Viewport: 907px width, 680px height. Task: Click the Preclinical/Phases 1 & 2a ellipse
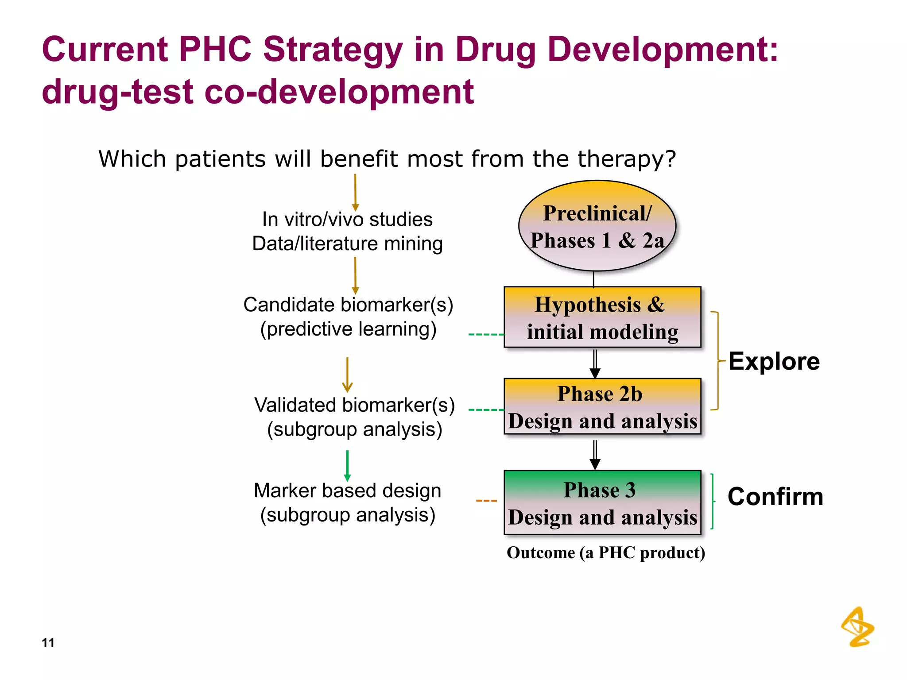pos(597,226)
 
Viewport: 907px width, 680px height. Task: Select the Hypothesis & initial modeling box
pos(602,317)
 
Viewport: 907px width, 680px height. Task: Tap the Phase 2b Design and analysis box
pos(602,406)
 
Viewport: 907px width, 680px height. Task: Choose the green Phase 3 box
pos(602,502)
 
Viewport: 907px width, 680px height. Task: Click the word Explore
pos(774,361)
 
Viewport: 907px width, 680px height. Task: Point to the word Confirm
pos(775,496)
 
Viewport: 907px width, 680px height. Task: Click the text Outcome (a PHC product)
pos(606,552)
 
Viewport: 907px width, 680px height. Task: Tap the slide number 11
pos(48,642)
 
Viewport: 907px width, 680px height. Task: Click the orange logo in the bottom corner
pos(857,627)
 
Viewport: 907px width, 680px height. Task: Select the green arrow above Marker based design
pos(347,465)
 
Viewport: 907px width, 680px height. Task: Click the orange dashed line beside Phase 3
pos(486,501)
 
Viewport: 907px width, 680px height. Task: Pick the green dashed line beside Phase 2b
pos(486,410)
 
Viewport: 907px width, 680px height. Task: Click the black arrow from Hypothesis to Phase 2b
pos(595,363)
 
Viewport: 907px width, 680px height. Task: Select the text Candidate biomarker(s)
pos(348,305)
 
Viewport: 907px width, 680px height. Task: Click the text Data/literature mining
pos(347,243)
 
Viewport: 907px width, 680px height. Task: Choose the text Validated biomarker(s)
pos(354,405)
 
